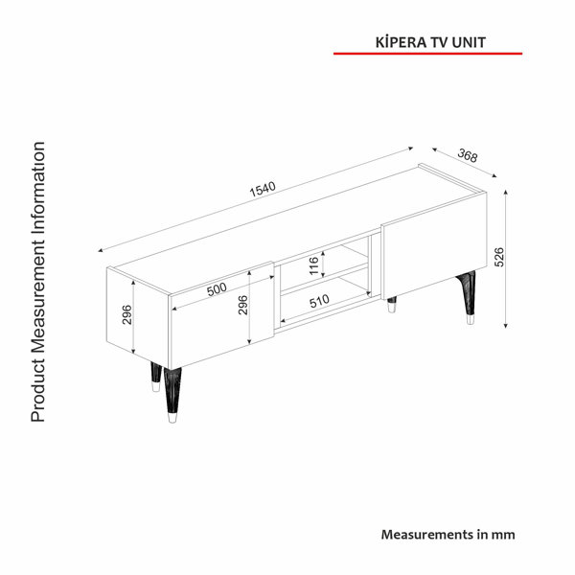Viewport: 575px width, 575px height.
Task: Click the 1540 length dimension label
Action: coord(263,189)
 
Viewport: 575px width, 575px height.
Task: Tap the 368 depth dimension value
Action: coord(468,155)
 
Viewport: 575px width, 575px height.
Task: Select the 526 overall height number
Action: coord(499,257)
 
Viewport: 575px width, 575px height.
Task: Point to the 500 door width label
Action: coord(217,289)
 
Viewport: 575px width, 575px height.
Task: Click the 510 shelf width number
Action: coord(319,301)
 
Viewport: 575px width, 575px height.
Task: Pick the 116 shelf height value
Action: coord(314,265)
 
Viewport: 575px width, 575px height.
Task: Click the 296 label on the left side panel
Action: coord(126,314)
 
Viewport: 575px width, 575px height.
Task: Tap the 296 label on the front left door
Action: coord(242,305)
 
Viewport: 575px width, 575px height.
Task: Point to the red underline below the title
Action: coord(427,54)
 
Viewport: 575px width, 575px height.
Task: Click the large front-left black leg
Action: coord(172,395)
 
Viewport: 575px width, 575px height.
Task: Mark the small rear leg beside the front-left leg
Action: coord(156,377)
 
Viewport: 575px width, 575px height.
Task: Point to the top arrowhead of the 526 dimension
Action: coord(506,193)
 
